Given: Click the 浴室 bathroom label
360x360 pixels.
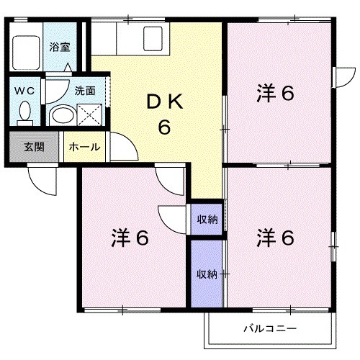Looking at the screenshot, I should click(x=59, y=48).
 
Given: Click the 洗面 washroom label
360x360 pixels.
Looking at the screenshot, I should click(x=84, y=91).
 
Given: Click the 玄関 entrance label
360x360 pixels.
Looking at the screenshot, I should click(x=34, y=147).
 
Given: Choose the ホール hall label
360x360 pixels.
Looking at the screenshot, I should click(x=84, y=147).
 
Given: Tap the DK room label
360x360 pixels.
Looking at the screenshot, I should click(x=164, y=103).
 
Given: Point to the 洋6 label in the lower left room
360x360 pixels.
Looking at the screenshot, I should click(x=130, y=237).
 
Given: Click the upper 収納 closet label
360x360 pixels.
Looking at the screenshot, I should click(x=207, y=219).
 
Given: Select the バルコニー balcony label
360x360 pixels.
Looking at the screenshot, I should click(x=269, y=329).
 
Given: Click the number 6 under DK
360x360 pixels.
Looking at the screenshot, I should click(x=164, y=128).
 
